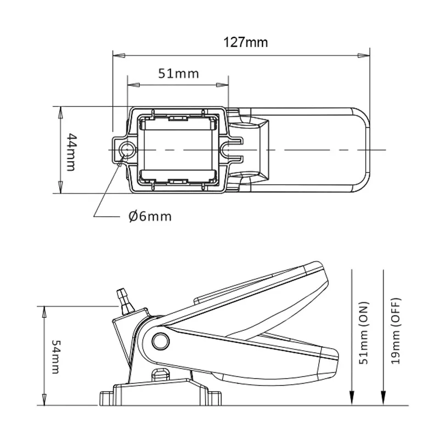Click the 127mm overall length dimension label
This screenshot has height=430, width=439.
[x=245, y=41]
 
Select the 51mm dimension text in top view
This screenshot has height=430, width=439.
[x=178, y=73]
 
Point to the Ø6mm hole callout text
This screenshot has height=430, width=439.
[x=150, y=216]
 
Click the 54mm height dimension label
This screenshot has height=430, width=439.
[x=54, y=356]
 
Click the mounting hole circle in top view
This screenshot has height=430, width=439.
[x=127, y=149]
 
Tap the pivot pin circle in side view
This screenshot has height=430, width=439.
[x=160, y=340]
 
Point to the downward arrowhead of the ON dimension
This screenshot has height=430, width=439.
[x=352, y=398]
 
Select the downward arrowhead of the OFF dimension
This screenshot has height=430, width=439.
[x=382, y=398]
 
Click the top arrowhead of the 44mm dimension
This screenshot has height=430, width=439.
[x=60, y=110]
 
